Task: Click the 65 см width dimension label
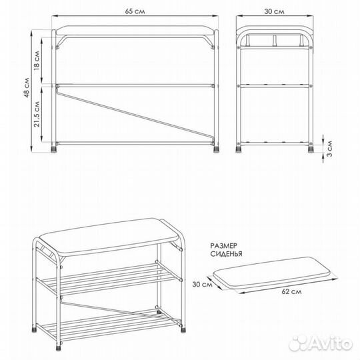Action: tap(135, 11)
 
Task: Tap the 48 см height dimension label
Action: tap(27, 88)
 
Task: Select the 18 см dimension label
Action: tap(37, 60)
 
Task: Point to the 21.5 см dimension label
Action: tap(37, 114)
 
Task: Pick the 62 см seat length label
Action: tap(291, 291)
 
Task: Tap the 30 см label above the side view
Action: tap(274, 11)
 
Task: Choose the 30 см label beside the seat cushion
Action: tap(202, 284)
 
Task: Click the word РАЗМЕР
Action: tap(223, 246)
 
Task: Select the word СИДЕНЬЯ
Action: tap(226, 254)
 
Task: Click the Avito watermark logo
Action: tap(321, 343)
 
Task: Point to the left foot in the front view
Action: tap(53, 149)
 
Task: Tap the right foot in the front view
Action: tap(216, 149)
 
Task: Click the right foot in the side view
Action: tap(311, 149)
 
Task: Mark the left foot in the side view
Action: tap(238, 149)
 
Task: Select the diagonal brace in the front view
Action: tap(135, 113)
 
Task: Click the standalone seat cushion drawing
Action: tap(271, 272)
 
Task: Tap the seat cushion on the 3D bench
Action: tap(109, 237)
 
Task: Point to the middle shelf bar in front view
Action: tap(135, 85)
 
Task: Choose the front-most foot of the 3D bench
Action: tap(58, 347)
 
